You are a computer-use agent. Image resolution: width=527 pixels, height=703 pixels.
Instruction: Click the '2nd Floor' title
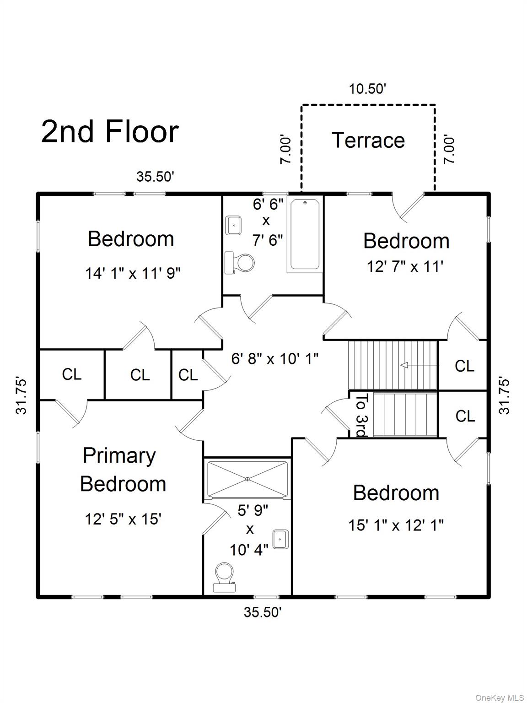[x=110, y=131]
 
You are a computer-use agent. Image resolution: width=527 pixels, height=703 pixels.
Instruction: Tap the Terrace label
[x=368, y=141]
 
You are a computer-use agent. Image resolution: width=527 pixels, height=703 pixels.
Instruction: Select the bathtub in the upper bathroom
[x=305, y=234]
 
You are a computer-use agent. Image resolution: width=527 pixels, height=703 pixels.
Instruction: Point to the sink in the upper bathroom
[x=234, y=225]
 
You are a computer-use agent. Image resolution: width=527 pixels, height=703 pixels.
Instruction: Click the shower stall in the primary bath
[x=247, y=479]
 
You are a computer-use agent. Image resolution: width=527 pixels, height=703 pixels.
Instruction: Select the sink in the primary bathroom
[x=280, y=539]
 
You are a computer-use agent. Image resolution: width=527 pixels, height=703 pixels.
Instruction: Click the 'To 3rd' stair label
[x=361, y=415]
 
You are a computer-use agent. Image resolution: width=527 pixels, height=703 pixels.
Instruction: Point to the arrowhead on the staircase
[x=404, y=365]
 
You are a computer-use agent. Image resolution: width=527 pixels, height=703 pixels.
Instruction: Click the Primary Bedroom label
[x=123, y=470]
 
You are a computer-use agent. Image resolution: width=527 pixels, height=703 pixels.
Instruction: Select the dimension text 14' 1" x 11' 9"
[x=133, y=274]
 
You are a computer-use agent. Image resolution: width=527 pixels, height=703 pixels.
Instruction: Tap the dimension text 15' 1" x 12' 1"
[x=396, y=525]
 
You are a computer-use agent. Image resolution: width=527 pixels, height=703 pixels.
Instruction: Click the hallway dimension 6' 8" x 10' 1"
[x=274, y=358]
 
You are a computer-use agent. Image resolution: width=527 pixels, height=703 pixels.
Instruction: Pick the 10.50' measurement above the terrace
[x=368, y=89]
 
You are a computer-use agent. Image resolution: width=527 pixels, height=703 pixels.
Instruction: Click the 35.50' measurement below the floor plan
[x=262, y=612]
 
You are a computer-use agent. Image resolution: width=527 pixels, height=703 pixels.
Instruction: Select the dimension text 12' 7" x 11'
[x=405, y=266]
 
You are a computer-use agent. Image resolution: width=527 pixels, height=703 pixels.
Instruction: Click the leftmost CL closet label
[x=71, y=374]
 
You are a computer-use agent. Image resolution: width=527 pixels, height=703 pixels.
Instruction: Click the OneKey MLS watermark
[x=500, y=697]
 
